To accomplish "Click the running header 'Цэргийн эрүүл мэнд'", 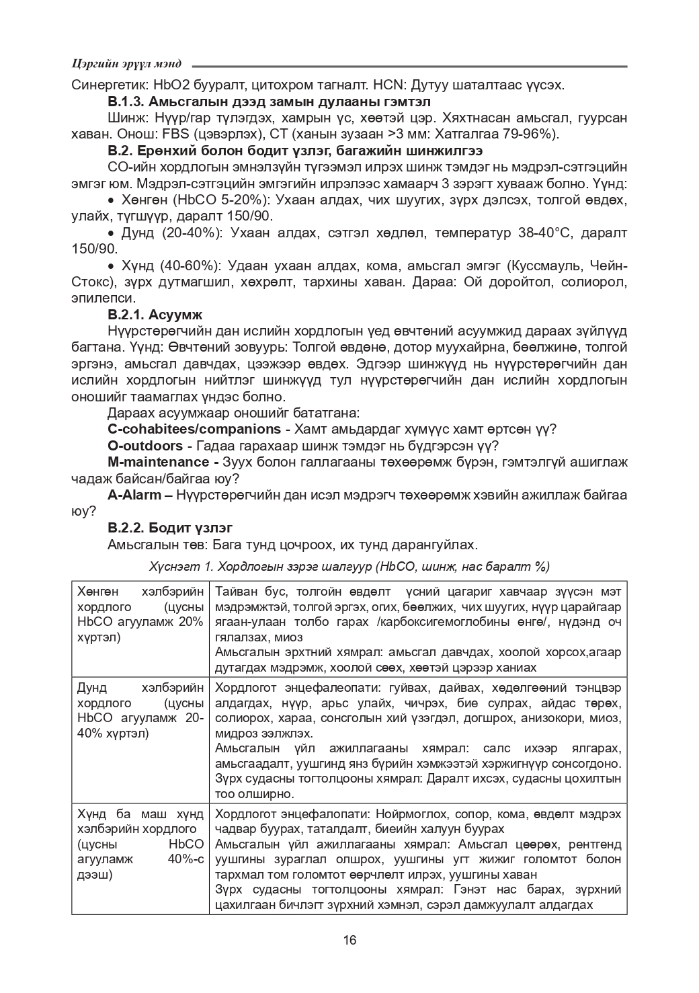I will click(x=126, y=64).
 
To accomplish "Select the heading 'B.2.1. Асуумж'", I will click(x=155, y=315).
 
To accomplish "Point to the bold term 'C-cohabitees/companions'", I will click(x=194, y=429).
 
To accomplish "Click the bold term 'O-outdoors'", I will click(x=145, y=446).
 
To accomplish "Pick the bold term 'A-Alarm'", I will click(x=134, y=495).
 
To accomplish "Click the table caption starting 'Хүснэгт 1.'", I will click(x=349, y=567).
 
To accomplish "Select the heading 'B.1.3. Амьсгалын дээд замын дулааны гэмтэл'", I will click(x=269, y=102).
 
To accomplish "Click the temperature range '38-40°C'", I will click(x=544, y=233).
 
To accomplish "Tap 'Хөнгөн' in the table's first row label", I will click(x=98, y=592).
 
